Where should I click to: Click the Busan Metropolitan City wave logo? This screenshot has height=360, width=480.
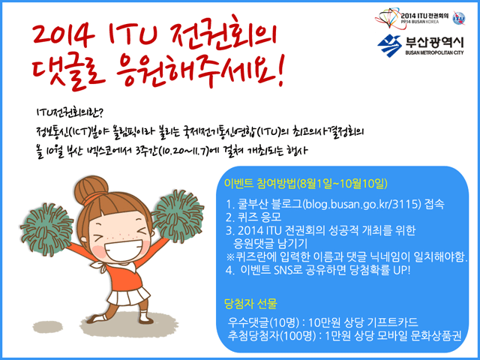389,46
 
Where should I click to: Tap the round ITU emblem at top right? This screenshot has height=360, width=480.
458,18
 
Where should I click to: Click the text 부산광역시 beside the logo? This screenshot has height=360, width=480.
435,43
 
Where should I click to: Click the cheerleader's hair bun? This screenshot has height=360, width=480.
91,188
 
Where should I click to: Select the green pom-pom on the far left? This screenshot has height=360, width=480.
46,229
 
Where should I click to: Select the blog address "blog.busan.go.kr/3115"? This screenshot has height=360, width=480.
361,204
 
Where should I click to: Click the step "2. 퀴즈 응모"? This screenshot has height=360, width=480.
253,217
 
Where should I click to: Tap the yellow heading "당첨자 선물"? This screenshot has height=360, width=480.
250,303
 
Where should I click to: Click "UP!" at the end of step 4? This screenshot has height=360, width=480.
402,270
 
